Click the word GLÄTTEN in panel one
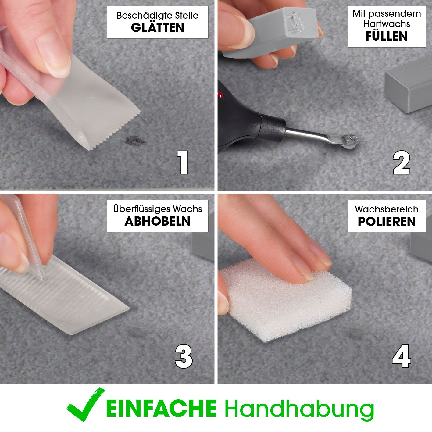click(x=157, y=28)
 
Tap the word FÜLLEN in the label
click(x=386, y=36)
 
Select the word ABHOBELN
click(x=157, y=221)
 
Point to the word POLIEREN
click(x=386, y=222)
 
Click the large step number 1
click(x=183, y=163)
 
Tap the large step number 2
click(x=401, y=163)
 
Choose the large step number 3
click(x=184, y=356)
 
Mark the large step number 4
click(x=401, y=356)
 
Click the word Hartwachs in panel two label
click(x=386, y=24)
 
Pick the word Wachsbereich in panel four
click(x=386, y=209)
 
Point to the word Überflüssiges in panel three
click(x=138, y=209)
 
